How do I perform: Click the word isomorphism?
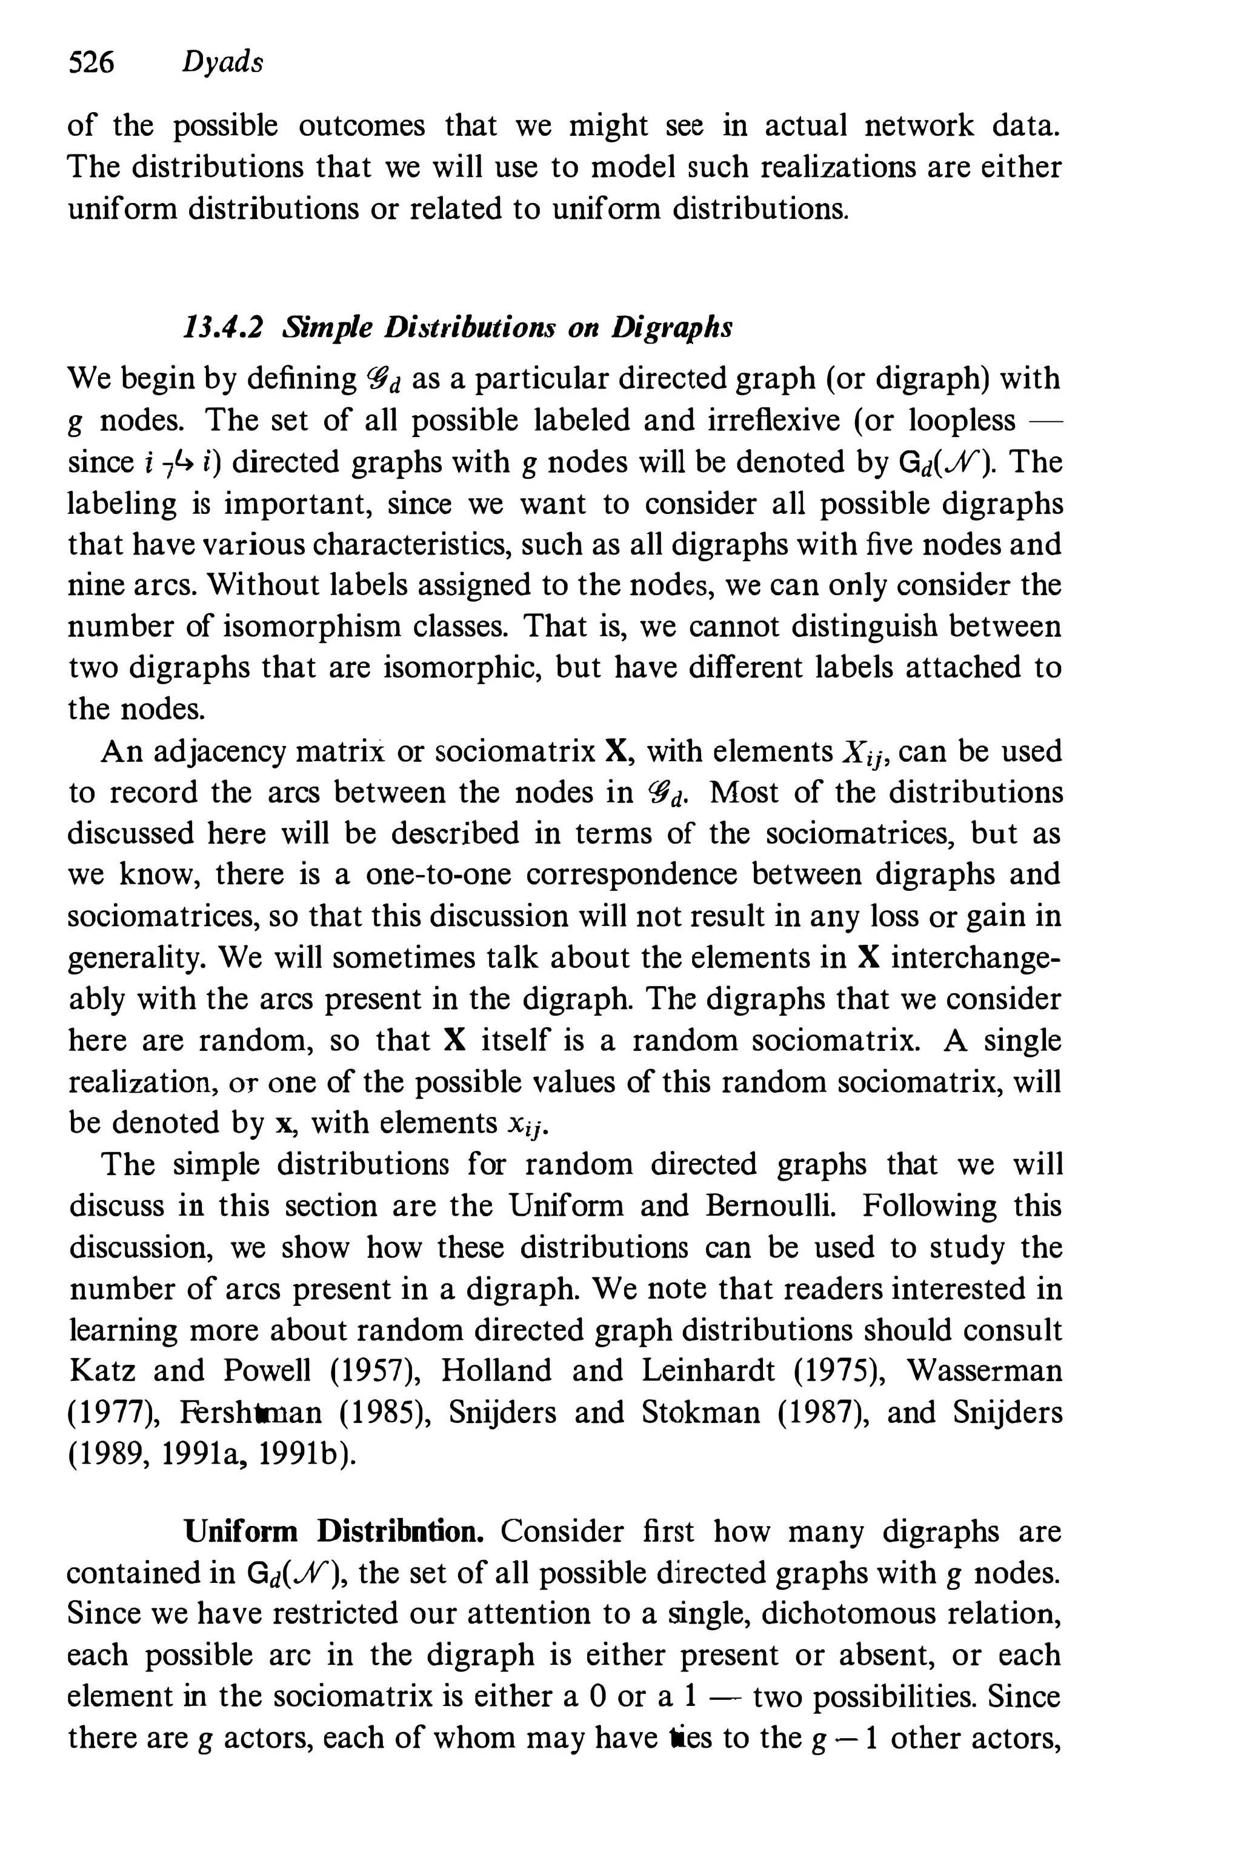302,627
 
